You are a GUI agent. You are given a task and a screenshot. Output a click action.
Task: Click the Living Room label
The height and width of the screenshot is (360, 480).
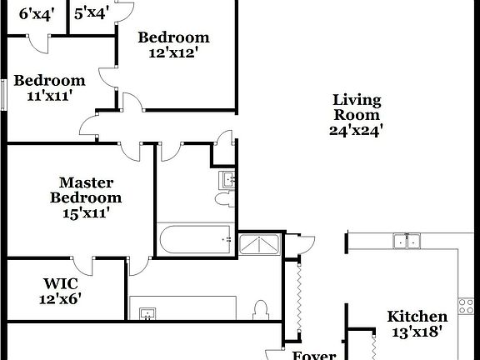click(356, 107)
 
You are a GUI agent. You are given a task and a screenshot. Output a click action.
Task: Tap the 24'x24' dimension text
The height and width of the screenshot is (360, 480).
click(356, 130)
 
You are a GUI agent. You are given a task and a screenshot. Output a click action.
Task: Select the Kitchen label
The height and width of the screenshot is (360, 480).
click(417, 317)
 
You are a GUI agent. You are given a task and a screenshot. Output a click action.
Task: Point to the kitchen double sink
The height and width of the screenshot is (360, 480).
click(407, 241)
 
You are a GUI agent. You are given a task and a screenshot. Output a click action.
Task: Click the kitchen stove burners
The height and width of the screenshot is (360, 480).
click(466, 305)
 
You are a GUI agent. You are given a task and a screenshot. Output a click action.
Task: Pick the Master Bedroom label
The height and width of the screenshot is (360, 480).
click(85, 190)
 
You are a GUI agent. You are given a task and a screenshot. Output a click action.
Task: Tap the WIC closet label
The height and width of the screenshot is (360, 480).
click(59, 282)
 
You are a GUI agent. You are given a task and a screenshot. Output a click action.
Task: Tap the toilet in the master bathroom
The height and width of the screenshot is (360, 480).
click(261, 308)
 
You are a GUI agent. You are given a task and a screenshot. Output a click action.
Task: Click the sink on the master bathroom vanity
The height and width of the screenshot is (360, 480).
click(148, 313)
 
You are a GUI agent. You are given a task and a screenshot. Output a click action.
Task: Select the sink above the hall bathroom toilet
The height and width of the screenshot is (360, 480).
click(227, 179)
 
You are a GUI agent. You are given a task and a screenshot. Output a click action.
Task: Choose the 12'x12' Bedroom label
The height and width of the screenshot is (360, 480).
click(173, 37)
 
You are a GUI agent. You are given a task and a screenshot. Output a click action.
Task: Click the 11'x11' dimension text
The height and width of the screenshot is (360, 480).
click(49, 96)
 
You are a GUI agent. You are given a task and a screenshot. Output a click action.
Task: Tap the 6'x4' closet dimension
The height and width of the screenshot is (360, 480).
click(36, 13)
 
